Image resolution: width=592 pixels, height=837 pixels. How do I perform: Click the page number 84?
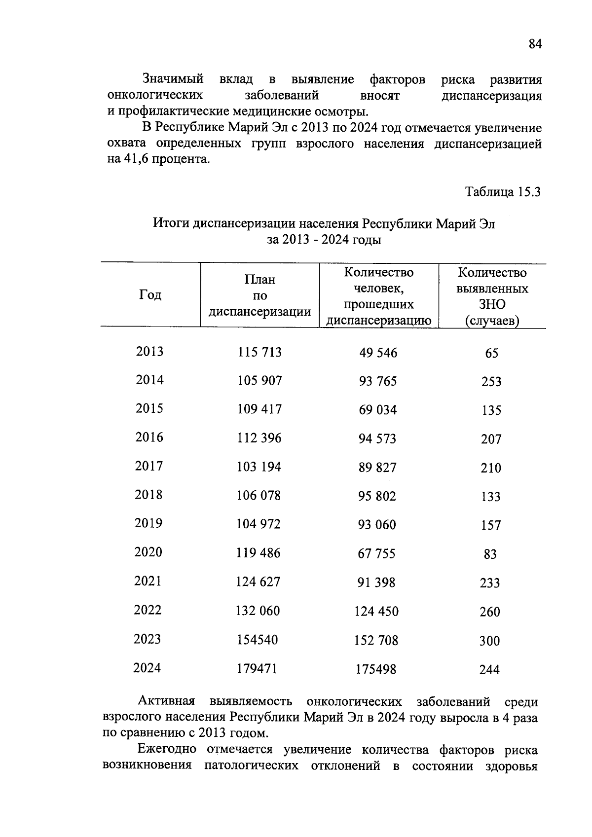pos(535,44)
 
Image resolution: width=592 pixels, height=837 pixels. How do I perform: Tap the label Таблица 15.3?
pos(503,191)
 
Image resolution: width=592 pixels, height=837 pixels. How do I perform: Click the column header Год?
pos(150,295)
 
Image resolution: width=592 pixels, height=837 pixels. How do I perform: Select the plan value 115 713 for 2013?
pos(259,352)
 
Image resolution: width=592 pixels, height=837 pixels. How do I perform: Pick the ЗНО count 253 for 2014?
pos(491,381)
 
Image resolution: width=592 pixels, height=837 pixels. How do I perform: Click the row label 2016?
pos(149,437)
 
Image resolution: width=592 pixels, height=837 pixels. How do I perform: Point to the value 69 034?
pos(377,410)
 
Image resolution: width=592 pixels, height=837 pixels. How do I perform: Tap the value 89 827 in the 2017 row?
pos(377,468)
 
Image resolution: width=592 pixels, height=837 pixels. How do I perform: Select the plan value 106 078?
pos(259,496)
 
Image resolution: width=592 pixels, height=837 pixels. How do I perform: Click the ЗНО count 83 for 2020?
pos(490,554)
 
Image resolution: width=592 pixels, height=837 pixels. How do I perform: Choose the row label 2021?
pos(148,581)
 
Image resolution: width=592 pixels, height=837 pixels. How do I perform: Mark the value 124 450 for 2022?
pos(376,612)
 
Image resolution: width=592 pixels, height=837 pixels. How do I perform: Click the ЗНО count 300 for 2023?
pos(489,641)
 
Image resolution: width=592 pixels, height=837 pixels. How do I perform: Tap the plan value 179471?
pos(257,669)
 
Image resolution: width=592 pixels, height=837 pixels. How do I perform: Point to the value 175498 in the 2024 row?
pos(375,669)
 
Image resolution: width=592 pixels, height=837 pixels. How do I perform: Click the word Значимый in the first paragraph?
pos(173,79)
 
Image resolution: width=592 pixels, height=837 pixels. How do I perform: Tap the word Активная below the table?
pos(167,701)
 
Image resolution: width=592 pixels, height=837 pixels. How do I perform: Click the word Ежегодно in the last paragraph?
pos(166,749)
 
